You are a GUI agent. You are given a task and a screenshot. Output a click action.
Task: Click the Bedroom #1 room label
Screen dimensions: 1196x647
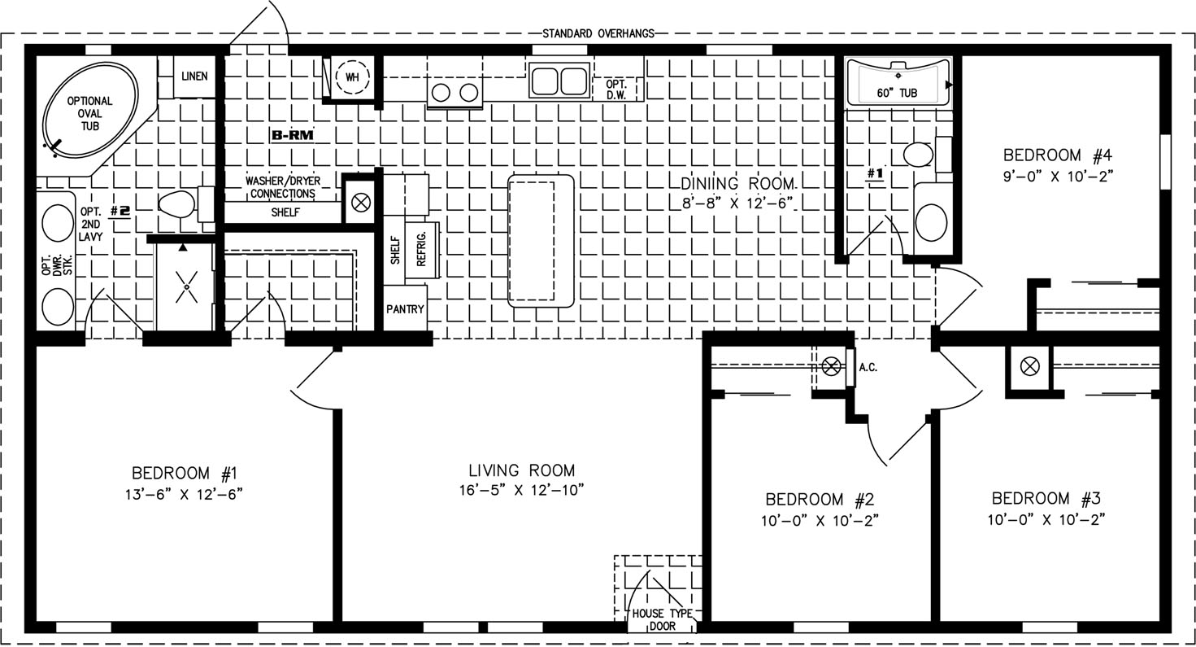coord(185,474)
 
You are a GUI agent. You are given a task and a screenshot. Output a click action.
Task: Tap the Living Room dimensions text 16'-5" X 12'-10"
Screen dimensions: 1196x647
coord(522,490)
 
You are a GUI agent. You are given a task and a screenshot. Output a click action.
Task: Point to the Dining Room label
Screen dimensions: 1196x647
coord(738,184)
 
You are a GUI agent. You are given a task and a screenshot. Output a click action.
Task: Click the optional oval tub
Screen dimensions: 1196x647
coord(89,111)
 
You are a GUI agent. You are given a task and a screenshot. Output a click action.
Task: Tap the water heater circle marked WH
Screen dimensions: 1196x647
coord(352,77)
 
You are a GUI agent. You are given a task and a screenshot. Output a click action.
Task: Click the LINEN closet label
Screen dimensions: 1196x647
coord(194,77)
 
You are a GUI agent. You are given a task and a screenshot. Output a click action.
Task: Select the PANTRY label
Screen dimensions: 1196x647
coord(405,308)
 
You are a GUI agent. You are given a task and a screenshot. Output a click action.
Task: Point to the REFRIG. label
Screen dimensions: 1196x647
coord(421,249)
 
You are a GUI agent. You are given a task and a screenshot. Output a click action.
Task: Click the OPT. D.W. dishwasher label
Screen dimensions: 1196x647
coord(616,90)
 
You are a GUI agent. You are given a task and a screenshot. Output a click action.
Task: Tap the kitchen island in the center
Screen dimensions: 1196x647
coord(541,240)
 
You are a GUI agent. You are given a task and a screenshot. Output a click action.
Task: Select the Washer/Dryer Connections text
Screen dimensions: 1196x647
coord(282,187)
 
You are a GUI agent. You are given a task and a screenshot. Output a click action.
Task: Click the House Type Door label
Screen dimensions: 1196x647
coord(662,620)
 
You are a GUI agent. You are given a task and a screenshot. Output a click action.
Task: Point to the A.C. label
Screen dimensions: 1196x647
coord(868,368)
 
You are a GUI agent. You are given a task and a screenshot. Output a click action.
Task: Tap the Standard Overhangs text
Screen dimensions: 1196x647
coord(598,33)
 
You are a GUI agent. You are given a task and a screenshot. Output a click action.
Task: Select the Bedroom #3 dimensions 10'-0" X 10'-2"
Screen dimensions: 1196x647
coord(1046,519)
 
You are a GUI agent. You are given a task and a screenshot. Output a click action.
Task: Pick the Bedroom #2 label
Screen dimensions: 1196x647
coord(820,500)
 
